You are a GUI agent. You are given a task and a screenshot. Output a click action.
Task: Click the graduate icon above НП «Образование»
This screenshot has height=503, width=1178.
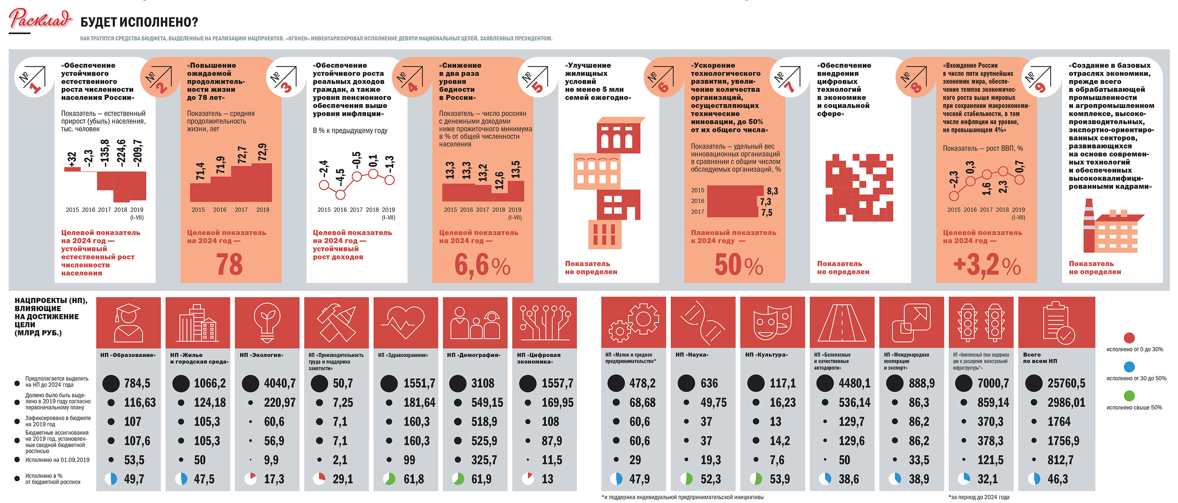(x=128, y=323)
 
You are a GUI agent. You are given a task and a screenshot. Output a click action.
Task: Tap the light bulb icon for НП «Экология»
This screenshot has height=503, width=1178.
(x=267, y=323)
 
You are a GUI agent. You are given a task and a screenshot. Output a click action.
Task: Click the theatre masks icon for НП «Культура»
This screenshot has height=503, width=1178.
(x=772, y=323)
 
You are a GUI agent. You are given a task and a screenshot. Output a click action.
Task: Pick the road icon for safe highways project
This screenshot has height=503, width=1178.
(x=842, y=323)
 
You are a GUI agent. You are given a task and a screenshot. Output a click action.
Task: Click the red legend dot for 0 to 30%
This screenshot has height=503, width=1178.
(x=1129, y=338)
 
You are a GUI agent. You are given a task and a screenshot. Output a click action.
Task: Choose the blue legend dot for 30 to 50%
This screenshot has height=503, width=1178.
(x=1129, y=367)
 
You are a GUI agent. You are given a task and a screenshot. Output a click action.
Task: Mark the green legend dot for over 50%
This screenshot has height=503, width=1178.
(x=1129, y=396)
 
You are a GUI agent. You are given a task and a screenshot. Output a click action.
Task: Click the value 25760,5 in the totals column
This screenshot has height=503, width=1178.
(x=1066, y=383)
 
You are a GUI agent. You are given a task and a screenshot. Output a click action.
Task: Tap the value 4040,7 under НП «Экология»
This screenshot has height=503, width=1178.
(x=280, y=383)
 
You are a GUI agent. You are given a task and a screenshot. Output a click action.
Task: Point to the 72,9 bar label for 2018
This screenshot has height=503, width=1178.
(x=262, y=152)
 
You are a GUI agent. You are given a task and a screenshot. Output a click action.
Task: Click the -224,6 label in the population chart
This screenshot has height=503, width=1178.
(x=121, y=153)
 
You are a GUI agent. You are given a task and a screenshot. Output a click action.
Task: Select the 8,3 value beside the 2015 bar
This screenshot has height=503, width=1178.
(x=772, y=191)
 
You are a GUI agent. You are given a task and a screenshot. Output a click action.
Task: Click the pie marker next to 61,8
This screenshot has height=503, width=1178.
(x=389, y=479)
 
